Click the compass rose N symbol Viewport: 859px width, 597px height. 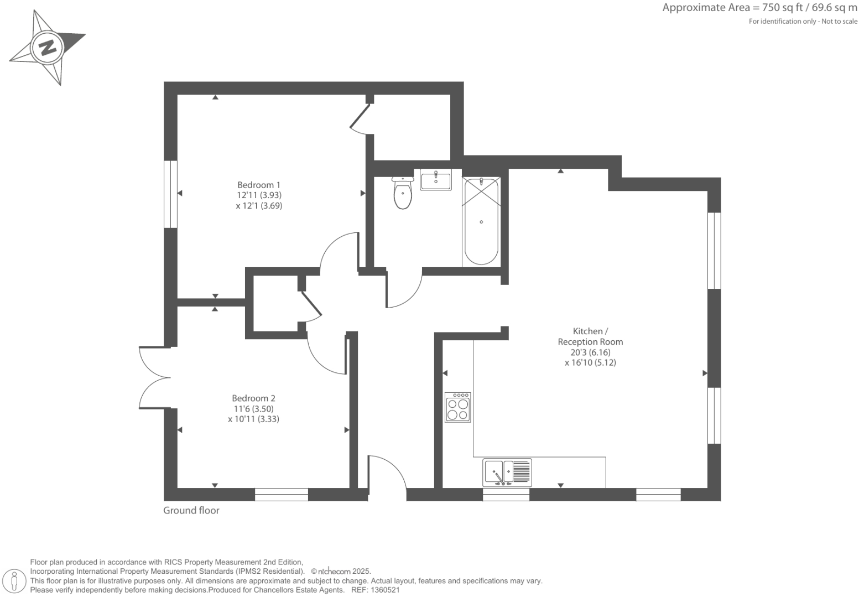(x=47, y=48)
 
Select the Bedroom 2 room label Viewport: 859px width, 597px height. (x=253, y=398)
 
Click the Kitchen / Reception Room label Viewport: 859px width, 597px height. (x=590, y=336)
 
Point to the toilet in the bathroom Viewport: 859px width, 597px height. (x=403, y=194)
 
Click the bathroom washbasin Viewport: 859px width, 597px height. (x=435, y=180)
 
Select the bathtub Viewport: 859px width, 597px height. (x=481, y=221)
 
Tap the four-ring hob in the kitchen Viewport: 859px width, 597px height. (x=458, y=408)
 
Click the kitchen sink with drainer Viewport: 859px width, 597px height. (x=507, y=473)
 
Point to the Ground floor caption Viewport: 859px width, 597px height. (x=191, y=511)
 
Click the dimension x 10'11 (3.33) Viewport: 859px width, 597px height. (x=253, y=419)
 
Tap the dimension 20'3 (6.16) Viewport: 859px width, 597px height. (x=590, y=352)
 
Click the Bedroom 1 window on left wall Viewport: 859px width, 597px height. (x=170, y=194)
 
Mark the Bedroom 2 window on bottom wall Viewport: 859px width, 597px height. (x=281, y=495)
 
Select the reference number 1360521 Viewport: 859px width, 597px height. (x=384, y=590)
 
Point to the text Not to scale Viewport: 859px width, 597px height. (x=839, y=22)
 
